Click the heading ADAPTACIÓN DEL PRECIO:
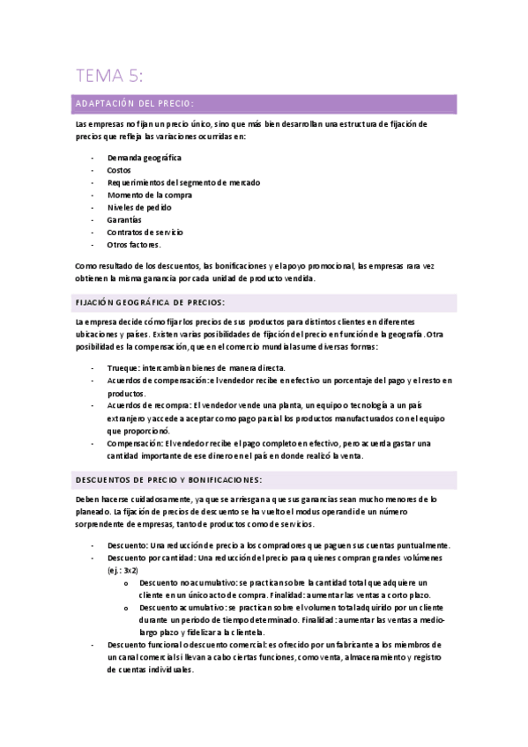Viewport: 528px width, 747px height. (x=135, y=104)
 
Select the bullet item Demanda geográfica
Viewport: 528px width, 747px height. (x=145, y=158)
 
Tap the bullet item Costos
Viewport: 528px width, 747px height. (x=119, y=170)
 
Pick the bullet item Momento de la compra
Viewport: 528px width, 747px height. (x=150, y=195)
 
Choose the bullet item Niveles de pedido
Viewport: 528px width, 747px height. (x=141, y=207)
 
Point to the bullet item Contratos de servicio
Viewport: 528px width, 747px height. (x=145, y=232)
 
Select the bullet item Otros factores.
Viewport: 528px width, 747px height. (x=134, y=244)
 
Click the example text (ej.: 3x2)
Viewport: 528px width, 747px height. (x=122, y=571)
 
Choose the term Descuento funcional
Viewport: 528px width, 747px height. (x=147, y=645)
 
